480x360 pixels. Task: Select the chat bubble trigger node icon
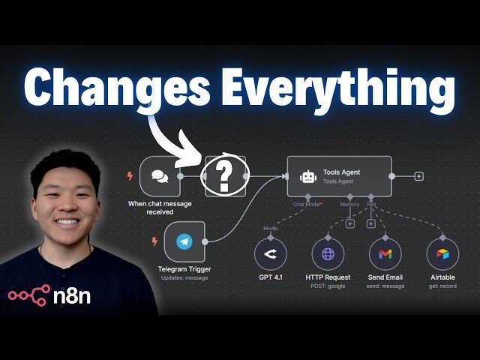pos(159,177)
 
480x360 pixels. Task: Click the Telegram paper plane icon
pos(184,242)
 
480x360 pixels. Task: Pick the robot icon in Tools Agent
pos(307,177)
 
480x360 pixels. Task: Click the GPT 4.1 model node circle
pos(271,254)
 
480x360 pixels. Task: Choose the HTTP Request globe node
pos(328,254)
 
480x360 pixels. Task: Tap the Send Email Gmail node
pos(385,254)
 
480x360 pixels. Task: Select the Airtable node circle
pos(442,254)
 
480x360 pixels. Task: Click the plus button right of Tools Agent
pos(418,176)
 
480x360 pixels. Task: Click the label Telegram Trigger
pos(184,268)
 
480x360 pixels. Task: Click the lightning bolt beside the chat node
pos(130,177)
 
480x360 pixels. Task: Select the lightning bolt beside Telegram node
pos(155,241)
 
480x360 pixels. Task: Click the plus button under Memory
pos(350,223)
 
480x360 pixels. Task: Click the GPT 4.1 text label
pos(271,277)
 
